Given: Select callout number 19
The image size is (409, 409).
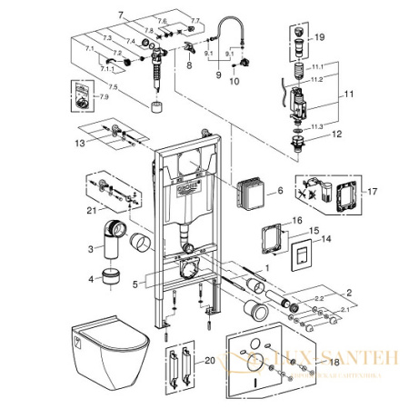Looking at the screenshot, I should coord(319,37).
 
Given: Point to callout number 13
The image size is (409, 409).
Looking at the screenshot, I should coord(79,143).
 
